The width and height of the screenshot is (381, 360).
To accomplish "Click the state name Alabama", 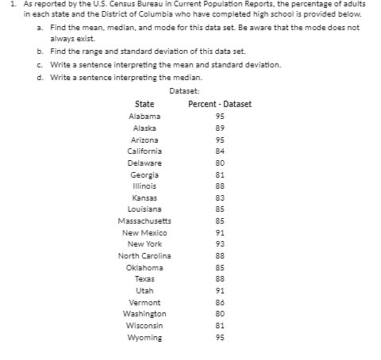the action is coord(144,116).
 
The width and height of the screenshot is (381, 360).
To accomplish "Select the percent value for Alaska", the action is coord(220,128).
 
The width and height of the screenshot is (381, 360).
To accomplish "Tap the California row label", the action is coord(144,151).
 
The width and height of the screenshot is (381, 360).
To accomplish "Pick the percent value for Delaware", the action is coord(220,163).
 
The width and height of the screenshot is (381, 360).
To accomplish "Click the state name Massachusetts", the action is coord(144,220).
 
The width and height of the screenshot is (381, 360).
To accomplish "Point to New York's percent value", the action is coord(220,244).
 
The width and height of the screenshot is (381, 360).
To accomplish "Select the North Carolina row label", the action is coord(144,255).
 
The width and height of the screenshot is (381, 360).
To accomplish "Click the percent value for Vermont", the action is coord(220,302).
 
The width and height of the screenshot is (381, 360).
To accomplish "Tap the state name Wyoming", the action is coord(144,337).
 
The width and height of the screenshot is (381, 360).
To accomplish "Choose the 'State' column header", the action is coord(144,104).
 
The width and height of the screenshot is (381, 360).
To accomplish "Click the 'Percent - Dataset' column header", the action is coord(220,104).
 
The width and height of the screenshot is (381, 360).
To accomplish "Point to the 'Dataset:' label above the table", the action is coord(184,91).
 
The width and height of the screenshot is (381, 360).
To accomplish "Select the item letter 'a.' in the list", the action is coord(40,27).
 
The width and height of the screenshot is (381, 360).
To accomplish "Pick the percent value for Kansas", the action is coord(220,197).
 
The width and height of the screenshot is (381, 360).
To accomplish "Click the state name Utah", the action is coord(144,290).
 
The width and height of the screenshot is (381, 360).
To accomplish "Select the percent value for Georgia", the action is coord(220,174).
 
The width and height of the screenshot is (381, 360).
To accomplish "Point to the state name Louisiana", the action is coord(144,209).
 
